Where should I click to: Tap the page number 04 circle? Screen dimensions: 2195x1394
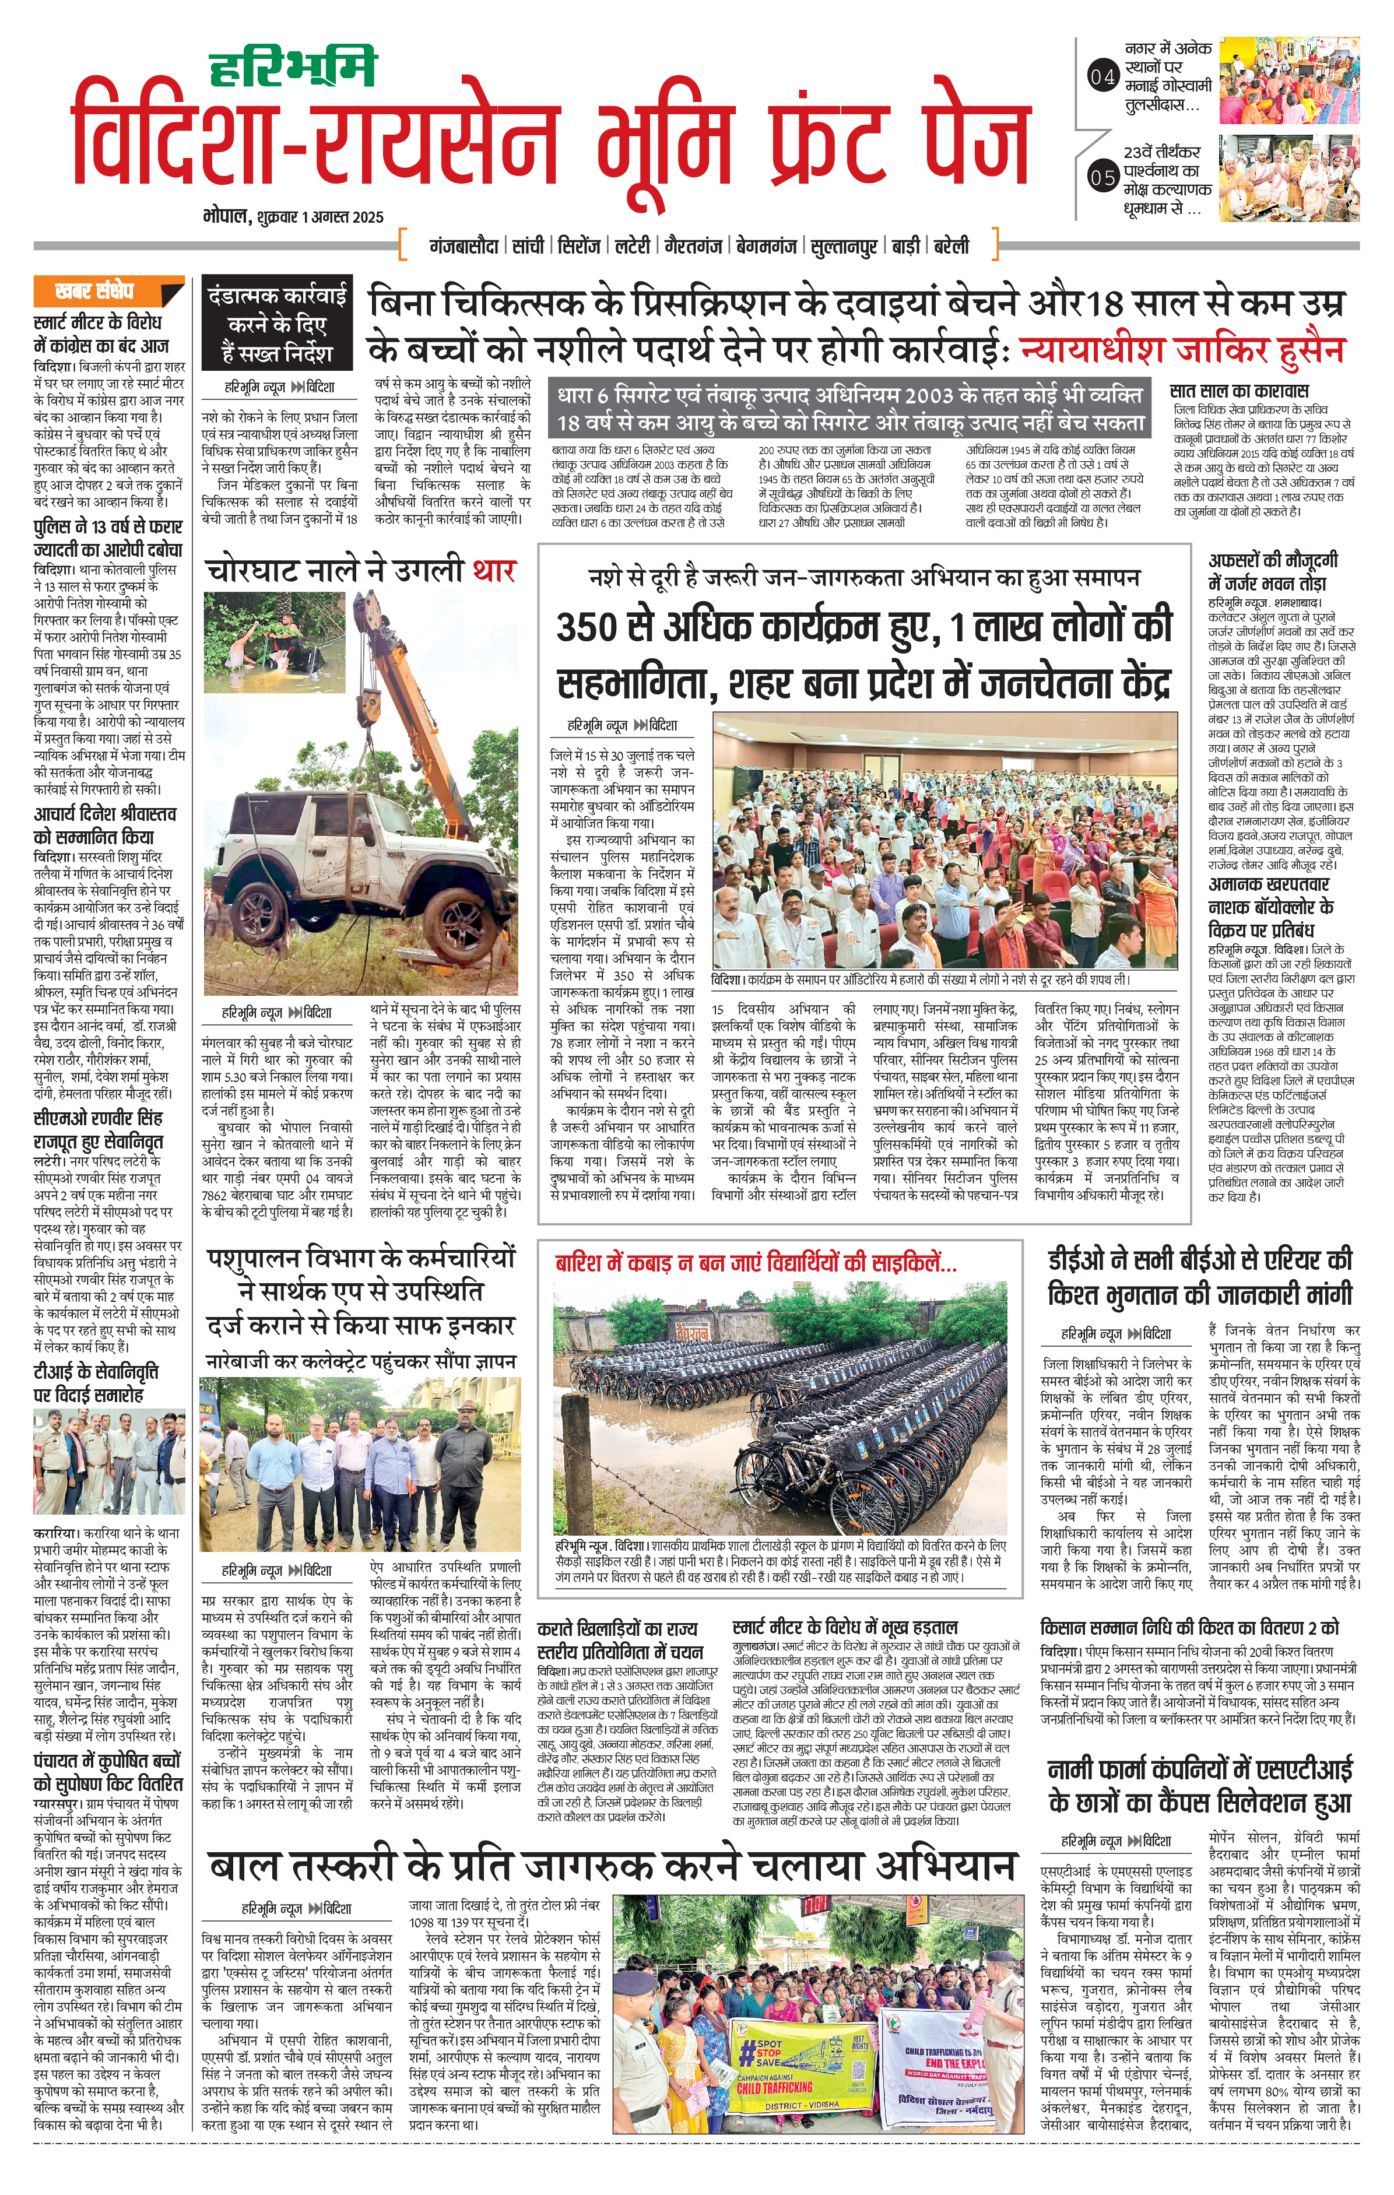[x=1103, y=78]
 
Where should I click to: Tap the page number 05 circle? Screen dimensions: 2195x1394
[x=1103, y=177]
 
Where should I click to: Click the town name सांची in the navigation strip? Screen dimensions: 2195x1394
[x=528, y=246]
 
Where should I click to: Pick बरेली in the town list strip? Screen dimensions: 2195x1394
[x=950, y=246]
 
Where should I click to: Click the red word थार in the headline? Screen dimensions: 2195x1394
[x=493, y=571]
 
